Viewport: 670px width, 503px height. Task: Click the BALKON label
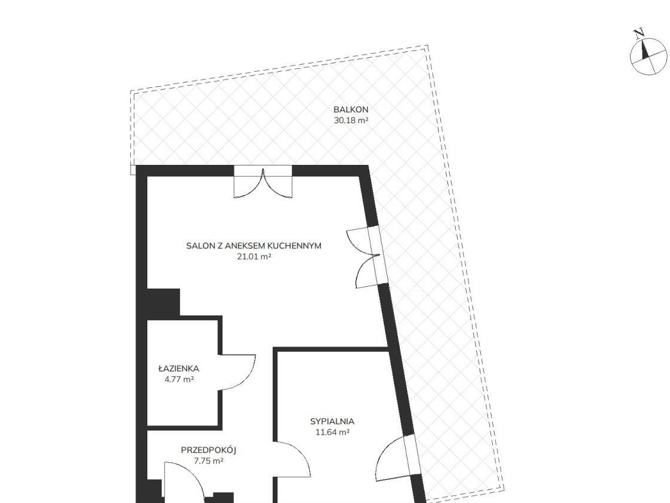tap(351, 109)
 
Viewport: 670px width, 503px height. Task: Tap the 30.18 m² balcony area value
tap(351, 120)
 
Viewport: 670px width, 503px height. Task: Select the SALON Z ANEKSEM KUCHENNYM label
tap(254, 246)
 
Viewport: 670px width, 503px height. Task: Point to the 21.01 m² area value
tap(254, 257)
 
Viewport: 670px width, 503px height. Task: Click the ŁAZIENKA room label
tap(178, 368)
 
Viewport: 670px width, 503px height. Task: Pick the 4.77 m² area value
tap(179, 379)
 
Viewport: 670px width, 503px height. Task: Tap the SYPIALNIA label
tap(332, 421)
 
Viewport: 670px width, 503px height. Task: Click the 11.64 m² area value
tap(332, 432)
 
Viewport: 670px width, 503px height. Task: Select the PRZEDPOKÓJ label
tap(209, 450)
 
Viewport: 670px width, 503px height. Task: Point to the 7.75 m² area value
tap(209, 461)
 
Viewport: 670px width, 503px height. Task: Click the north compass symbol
tap(649, 57)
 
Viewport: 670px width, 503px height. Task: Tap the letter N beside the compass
tap(639, 33)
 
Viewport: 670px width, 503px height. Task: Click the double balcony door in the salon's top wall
tap(263, 182)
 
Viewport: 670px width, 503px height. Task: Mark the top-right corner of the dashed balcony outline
tap(428, 45)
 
